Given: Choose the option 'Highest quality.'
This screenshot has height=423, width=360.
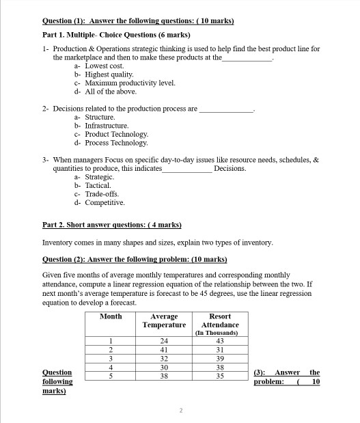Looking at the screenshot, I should [107, 74].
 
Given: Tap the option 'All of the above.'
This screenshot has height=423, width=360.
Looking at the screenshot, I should [109, 91].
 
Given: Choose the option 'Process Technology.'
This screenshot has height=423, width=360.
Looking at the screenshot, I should [115, 143].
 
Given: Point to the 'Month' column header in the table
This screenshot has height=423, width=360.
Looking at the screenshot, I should [111, 316].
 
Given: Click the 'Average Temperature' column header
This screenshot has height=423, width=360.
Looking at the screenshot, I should [163, 320].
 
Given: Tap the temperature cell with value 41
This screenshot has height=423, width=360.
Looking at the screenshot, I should [163, 349].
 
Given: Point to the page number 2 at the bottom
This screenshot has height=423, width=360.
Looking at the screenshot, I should [180, 410].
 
